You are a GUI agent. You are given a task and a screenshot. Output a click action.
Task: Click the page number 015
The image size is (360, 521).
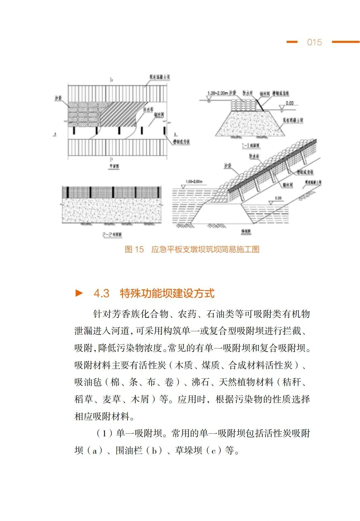pos(314,42)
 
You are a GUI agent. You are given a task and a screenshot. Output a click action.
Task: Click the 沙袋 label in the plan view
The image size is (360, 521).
pos(58,98)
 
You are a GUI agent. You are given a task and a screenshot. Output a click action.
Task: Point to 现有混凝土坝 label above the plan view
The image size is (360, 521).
pos(160,77)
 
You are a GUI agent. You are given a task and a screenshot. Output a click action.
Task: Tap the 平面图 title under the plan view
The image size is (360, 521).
pos(113,166)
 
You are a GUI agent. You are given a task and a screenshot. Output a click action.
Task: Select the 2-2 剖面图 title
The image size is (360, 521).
pos(112,235)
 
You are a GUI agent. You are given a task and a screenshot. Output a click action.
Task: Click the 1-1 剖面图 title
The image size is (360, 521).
pos(251,146)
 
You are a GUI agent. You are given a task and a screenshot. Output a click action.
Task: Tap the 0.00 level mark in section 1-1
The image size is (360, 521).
pos(290,103)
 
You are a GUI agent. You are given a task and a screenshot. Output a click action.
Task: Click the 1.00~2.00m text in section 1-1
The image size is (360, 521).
pos(218,93)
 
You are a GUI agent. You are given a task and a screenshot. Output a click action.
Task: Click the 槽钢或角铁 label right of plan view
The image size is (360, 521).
pos(181,142)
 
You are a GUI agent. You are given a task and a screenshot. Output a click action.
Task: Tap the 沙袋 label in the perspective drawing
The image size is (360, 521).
pos(228,166)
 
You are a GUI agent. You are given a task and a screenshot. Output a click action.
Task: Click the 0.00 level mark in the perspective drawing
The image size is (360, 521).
pos(278,198)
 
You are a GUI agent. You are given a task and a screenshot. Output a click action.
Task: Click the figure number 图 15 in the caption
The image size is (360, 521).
pos(134,249)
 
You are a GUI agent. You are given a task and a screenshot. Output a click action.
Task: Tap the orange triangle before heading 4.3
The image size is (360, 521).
pos(79,293)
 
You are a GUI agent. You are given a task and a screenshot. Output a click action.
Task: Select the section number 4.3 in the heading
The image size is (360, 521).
pos(101,293)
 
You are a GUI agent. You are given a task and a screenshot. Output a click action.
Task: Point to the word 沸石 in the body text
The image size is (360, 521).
pos(201,382)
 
